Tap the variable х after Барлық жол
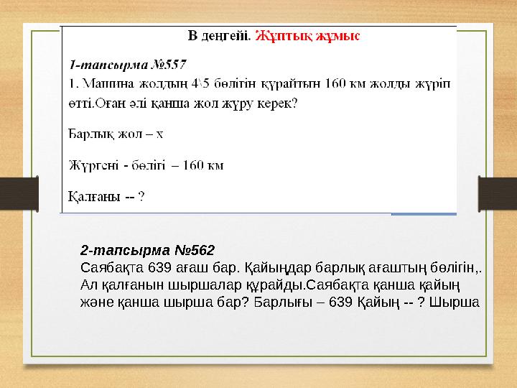[160, 134]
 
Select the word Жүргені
[93, 165]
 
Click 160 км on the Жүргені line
[203, 165]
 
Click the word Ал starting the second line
[88, 285]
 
